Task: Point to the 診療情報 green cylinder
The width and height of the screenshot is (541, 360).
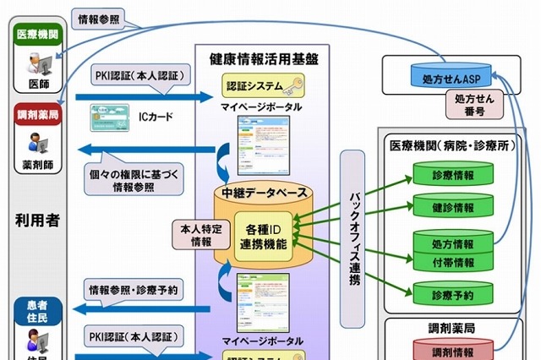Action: point(452,176)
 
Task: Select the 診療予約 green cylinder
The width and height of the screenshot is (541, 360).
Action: point(452,293)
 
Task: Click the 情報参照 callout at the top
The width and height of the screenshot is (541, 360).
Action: point(98,17)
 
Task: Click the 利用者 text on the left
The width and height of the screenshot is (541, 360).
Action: point(36,220)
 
